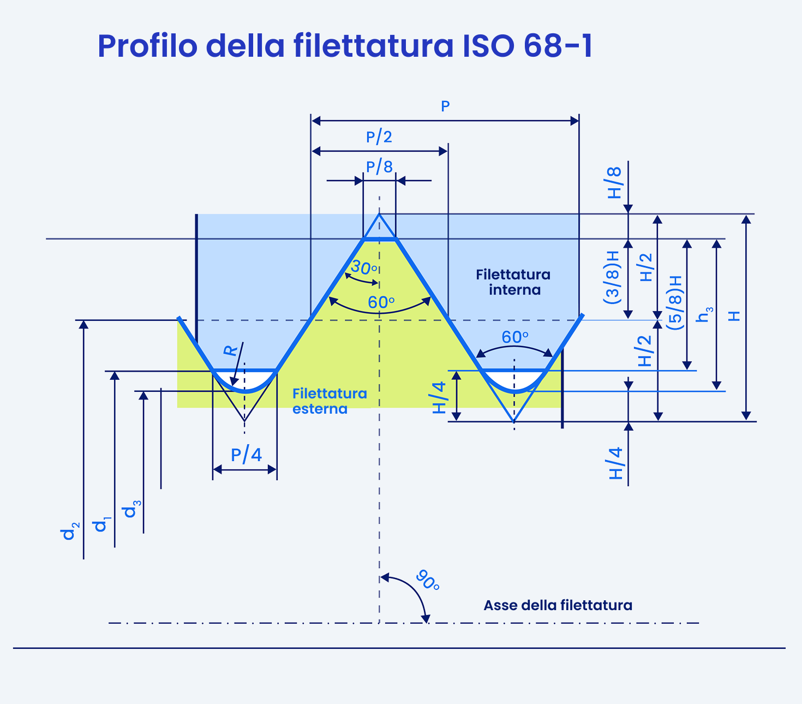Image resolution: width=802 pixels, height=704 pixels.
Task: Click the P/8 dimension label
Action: click(379, 167)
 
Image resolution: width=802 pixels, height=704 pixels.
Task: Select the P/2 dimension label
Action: click(379, 137)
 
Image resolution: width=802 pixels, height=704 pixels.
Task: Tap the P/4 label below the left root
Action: click(246, 455)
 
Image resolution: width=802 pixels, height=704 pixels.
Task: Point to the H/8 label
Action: click(614, 182)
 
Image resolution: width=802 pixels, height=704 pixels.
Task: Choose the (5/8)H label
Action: click(675, 302)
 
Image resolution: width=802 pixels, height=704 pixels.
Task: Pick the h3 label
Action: click(704, 315)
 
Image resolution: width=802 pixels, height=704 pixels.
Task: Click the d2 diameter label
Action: click(70, 531)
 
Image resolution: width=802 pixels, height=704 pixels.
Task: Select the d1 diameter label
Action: click(101, 524)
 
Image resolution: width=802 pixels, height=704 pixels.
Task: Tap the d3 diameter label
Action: click(132, 509)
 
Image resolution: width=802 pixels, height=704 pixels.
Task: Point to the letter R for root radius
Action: click(230, 350)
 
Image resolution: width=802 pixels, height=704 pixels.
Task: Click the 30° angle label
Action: click(363, 267)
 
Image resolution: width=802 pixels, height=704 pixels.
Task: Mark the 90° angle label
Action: click(427, 580)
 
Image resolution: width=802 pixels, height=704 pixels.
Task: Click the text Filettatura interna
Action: click(513, 282)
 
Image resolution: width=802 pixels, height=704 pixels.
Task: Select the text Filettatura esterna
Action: click(330, 401)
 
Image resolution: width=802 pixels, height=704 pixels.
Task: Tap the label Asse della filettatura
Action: click(558, 605)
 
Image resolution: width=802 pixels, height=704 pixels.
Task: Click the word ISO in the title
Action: click(488, 46)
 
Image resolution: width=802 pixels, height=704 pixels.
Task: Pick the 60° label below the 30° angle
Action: click(381, 302)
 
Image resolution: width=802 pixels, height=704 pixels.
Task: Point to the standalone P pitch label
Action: click(445, 106)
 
